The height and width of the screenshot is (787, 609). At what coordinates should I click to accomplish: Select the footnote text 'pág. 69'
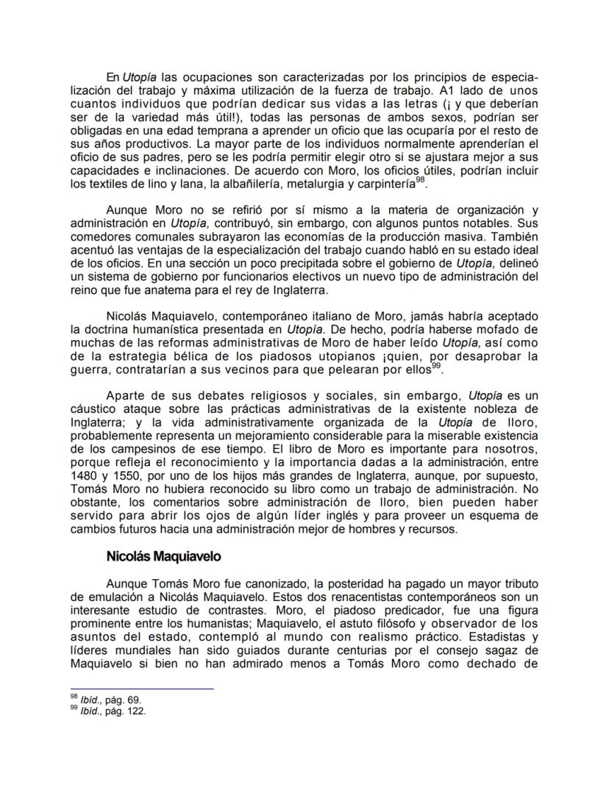tap(122, 700)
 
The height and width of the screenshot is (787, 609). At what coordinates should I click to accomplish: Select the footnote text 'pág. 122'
tap(125, 711)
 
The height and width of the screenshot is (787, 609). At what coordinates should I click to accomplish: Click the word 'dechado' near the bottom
tap(498, 659)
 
